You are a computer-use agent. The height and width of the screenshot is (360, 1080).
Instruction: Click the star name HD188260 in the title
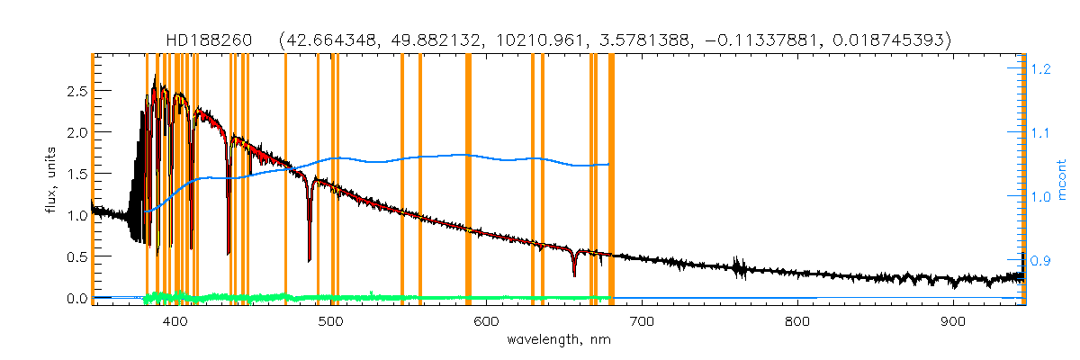pos(211,40)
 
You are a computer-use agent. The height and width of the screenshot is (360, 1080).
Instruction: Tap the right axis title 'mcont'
pos(1061,179)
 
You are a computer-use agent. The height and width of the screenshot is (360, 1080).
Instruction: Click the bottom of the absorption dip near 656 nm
pos(573,275)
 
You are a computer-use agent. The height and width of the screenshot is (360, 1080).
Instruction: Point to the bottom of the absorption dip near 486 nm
pos(309,260)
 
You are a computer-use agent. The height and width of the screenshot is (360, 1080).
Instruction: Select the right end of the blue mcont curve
pos(610,165)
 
